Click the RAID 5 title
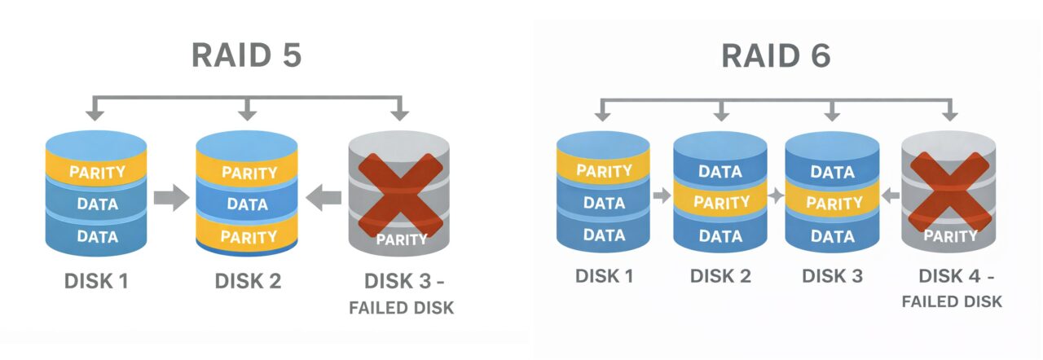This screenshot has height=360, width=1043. [246, 55]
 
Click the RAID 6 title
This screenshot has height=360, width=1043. [776, 55]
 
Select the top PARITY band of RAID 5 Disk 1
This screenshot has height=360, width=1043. [97, 172]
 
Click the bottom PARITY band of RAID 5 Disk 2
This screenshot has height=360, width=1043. [248, 237]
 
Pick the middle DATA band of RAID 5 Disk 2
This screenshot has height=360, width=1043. [248, 204]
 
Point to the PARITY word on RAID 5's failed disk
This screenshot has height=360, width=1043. [399, 239]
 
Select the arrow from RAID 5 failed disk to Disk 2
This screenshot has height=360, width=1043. [324, 198]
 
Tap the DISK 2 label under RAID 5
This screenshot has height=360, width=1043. [248, 282]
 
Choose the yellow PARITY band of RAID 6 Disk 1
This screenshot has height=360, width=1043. [604, 171]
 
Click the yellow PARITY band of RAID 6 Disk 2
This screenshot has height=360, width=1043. [720, 203]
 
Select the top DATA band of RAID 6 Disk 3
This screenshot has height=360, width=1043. [832, 172]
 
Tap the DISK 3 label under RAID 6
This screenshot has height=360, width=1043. [831, 275]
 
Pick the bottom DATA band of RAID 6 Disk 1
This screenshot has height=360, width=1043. [604, 235]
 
